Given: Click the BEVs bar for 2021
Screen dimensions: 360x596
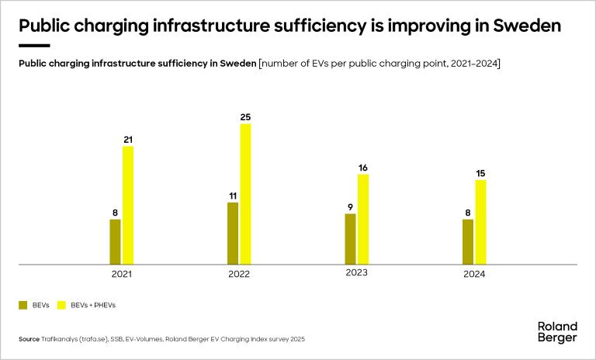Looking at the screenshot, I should point(115,241).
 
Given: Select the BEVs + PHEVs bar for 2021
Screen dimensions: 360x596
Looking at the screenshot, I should point(128,205).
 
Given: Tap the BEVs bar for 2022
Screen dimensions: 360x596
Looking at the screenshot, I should point(232,234).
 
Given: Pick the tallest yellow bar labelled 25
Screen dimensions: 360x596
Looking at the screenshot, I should point(245,194).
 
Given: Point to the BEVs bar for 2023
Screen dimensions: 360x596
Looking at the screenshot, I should point(350,239).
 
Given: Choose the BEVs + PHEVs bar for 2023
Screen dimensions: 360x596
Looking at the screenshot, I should point(363,219).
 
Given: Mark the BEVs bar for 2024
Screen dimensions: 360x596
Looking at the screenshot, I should point(467,241).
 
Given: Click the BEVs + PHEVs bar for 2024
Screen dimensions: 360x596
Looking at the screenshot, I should point(480,222).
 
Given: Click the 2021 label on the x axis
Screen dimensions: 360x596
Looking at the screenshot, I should point(122,275).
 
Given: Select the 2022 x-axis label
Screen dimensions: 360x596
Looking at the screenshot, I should point(239,275).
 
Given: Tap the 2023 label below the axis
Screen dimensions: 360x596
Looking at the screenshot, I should point(357,273).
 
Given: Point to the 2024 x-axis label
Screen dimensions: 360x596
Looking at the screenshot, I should point(474,275).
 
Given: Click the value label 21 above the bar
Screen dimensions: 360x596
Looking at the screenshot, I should point(128,140).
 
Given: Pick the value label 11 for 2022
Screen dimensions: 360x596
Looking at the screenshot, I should point(232,196).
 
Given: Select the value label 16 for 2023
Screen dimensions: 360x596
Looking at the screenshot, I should point(363,168).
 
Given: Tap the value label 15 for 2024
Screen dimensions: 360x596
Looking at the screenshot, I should point(480,173).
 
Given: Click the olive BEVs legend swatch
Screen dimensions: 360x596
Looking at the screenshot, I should point(23,305).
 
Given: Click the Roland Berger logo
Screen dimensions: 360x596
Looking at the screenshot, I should point(557,332).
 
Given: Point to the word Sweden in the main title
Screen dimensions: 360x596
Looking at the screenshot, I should point(524,26).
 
